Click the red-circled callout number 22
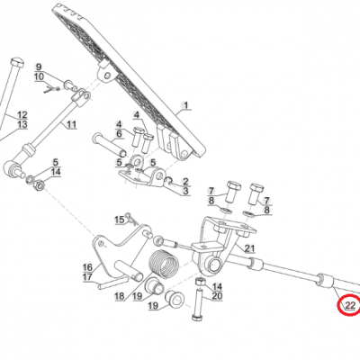pos(350,305)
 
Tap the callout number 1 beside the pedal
pos(186,105)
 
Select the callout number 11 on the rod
pos(71,124)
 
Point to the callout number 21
pos(249,248)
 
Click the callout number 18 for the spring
pos(120,296)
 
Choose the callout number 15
pos(120,220)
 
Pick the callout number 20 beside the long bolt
pos(217,296)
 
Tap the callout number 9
pos(39,67)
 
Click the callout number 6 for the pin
pos(119,133)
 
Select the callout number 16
pos(87,267)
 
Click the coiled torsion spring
pos(164,264)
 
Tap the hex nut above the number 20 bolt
pos(200,282)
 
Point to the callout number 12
pos(22,115)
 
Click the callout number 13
pos(22,124)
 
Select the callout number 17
pos(87,276)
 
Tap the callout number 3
pos(186,191)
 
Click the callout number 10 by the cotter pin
pos(39,76)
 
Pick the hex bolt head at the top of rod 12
pos(16,63)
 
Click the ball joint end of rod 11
pos(12,168)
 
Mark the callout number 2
pos(186,181)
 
